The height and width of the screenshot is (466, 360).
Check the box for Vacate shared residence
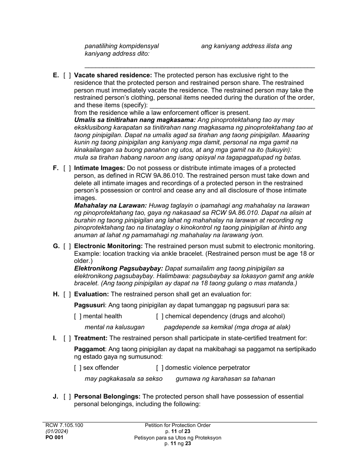click(x=67, y=75)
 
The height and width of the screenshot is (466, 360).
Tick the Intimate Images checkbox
click(x=67, y=168)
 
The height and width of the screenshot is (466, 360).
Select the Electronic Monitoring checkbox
click(x=67, y=246)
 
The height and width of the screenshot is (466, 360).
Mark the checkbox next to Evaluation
click(x=67, y=294)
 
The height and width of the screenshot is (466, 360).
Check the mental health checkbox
click(x=78, y=316)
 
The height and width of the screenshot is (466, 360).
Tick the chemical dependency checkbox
click(x=160, y=316)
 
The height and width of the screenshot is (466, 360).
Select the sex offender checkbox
click(x=78, y=367)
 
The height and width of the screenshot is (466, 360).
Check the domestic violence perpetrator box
click(x=160, y=367)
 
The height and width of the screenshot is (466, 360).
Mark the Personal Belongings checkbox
click(x=67, y=397)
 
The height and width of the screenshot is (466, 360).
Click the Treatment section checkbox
click(x=67, y=338)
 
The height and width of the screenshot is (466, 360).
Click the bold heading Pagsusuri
click(x=89, y=305)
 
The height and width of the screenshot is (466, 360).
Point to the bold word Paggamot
click(x=89, y=349)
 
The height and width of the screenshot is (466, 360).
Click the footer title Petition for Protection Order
click(x=178, y=425)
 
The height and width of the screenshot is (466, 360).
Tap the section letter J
click(x=55, y=397)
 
